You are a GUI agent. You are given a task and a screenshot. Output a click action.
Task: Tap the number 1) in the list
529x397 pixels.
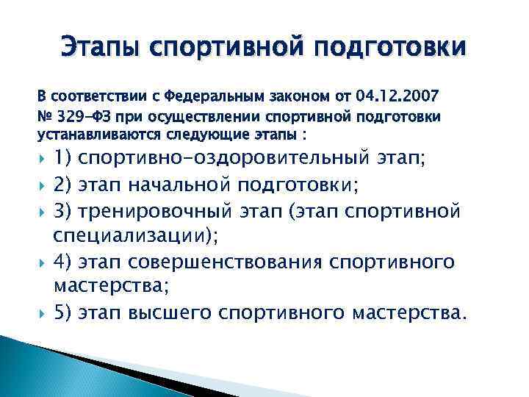tap(63, 158)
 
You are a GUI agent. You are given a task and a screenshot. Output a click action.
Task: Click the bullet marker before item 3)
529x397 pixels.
tap(42, 212)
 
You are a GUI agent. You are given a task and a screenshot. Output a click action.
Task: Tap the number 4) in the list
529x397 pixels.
tap(63, 263)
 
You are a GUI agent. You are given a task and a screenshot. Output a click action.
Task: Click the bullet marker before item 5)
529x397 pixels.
tap(42, 315)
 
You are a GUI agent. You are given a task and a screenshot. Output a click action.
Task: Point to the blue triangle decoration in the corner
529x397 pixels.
tap(44, 368)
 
